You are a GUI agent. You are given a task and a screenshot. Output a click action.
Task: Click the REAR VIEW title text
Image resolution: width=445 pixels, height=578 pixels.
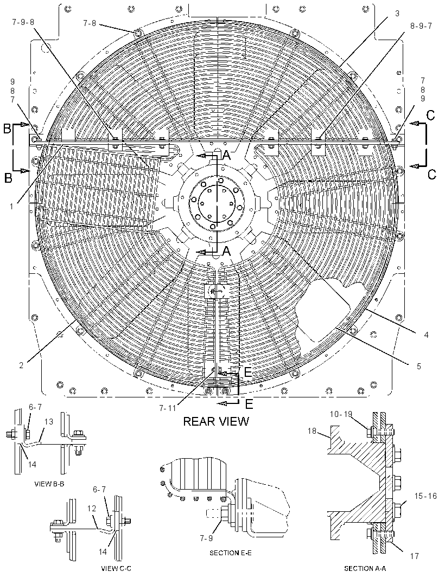(216, 421)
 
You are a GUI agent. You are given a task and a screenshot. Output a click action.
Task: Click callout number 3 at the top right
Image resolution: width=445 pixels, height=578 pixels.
(397, 14)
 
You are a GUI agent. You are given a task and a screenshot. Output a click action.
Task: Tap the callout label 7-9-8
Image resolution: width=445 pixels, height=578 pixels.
(23, 22)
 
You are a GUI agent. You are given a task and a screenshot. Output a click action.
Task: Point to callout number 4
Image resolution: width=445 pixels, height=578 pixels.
(426, 335)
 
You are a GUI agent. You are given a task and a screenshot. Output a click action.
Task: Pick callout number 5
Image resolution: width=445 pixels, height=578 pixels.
(419, 367)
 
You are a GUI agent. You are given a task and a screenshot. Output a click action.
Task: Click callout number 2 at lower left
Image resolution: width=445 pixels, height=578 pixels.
(21, 365)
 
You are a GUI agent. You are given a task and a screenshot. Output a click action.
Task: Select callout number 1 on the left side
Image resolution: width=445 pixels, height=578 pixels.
(12, 207)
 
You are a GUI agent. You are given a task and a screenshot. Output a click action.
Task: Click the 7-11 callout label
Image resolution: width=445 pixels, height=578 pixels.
(168, 408)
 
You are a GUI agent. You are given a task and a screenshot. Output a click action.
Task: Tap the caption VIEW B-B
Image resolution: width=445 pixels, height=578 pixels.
(49, 484)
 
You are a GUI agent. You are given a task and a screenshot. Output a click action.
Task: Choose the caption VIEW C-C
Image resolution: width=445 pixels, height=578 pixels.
(116, 568)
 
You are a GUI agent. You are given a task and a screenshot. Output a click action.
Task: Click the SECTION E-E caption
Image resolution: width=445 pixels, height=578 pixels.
(231, 553)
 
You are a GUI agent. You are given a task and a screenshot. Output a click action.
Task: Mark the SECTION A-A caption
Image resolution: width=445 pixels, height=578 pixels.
(365, 568)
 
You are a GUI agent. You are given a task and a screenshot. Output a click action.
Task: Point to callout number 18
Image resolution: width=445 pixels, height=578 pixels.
(312, 430)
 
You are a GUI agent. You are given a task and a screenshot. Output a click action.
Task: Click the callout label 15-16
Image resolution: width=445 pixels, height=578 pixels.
(425, 496)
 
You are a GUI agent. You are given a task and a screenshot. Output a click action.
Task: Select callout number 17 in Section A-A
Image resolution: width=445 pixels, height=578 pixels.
(415, 556)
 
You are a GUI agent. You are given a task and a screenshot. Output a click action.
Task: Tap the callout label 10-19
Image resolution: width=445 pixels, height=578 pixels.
(341, 414)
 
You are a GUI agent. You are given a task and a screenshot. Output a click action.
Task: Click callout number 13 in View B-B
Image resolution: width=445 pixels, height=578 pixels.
(49, 422)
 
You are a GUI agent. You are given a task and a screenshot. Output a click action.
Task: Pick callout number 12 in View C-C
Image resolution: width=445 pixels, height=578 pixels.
(92, 509)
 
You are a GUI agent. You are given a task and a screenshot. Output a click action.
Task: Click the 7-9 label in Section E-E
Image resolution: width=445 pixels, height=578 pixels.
(206, 538)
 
